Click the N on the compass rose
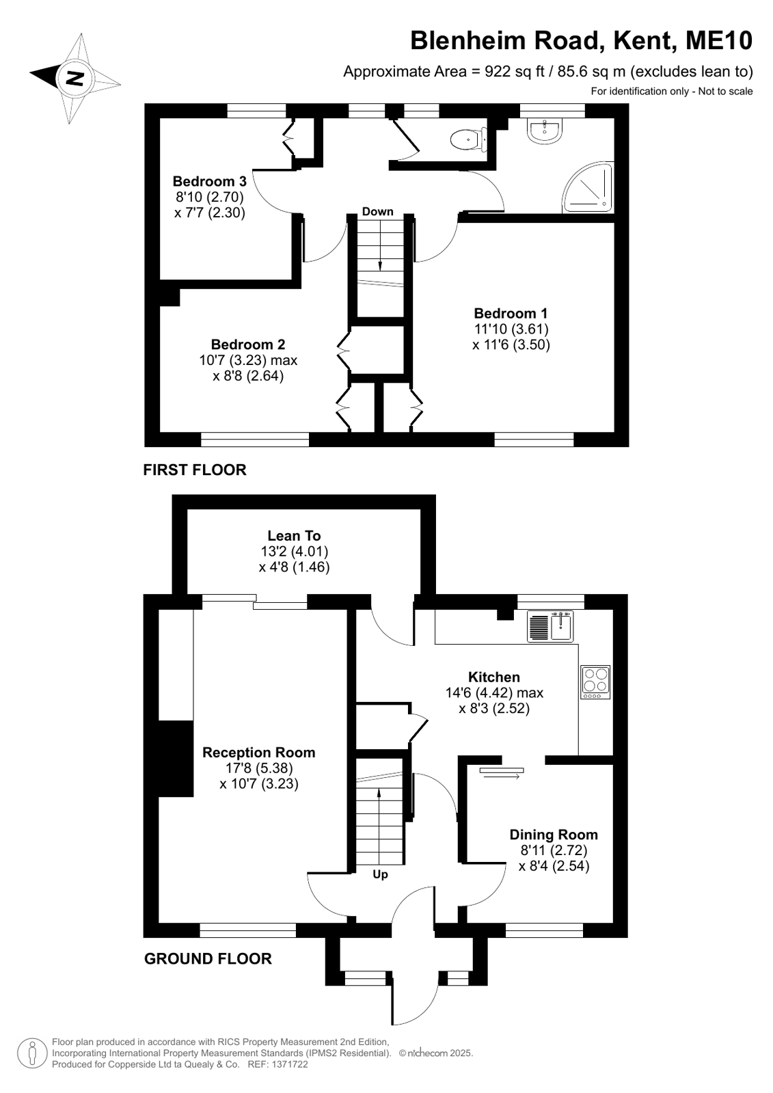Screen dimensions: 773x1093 click(x=74, y=78)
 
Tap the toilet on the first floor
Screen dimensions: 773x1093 click(x=467, y=140)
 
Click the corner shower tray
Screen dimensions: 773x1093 click(x=588, y=188)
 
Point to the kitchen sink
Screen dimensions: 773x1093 click(x=550, y=627)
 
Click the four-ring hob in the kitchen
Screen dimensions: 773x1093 click(x=595, y=682)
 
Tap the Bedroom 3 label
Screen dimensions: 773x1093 click(x=209, y=182)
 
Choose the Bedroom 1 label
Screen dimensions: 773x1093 click(x=511, y=313)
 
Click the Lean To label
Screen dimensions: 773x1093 click(x=295, y=536)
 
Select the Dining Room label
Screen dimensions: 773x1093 click(x=554, y=835)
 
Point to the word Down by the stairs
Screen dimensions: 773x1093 click(x=377, y=211)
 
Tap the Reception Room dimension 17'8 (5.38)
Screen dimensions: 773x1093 click(x=258, y=768)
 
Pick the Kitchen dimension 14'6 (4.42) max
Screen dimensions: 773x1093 click(x=494, y=692)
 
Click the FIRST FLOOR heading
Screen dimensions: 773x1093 click(x=195, y=470)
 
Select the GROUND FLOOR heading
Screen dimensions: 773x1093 click(x=208, y=959)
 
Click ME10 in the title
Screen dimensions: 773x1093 click(x=719, y=41)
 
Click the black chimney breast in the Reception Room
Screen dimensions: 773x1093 click(x=176, y=759)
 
